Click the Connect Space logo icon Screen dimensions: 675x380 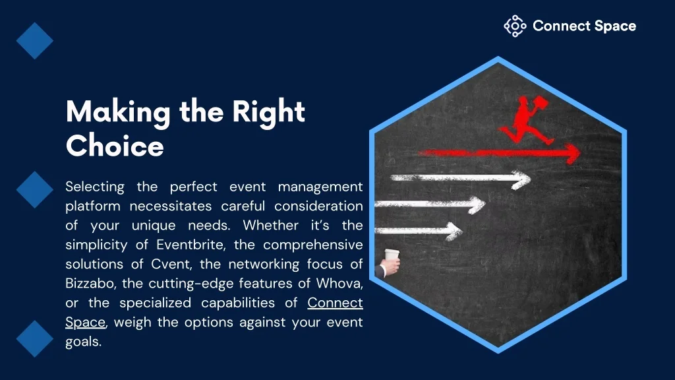515,26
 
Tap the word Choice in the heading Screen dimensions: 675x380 115,146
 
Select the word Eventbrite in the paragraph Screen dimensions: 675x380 190,245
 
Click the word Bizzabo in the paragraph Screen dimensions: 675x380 90,284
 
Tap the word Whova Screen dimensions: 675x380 339,284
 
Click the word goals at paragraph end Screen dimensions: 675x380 82,342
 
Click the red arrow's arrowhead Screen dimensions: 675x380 573,153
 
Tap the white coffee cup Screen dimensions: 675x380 392,255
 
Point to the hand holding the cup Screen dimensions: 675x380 390,267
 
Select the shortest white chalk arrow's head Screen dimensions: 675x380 454,232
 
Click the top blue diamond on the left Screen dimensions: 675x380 35,41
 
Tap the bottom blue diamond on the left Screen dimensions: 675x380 35,338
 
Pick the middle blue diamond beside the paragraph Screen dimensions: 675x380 35,190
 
